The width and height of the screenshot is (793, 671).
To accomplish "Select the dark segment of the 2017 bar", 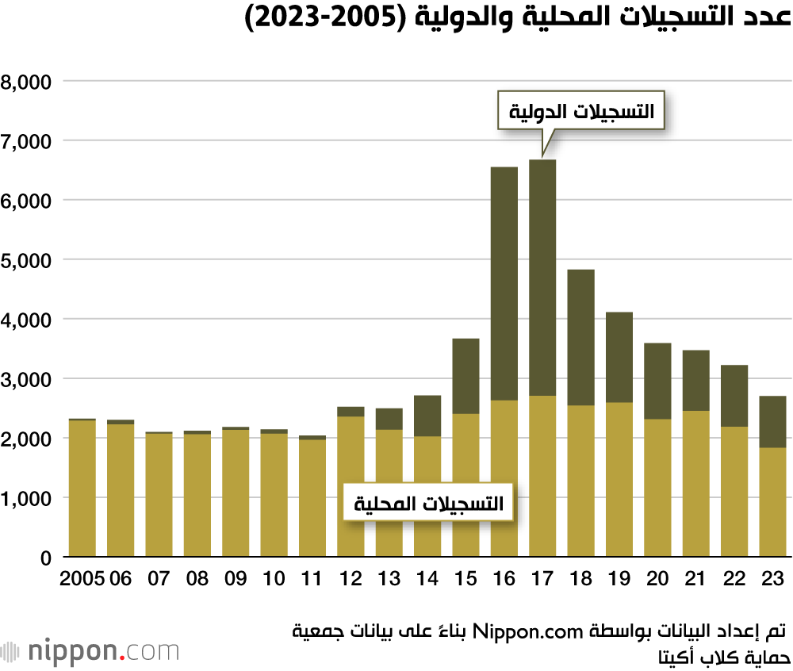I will pyautogui.click(x=542, y=278).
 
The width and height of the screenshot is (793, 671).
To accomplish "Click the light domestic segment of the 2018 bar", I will pyautogui.click(x=581, y=481).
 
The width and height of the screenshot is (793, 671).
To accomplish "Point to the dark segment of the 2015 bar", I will pyautogui.click(x=465, y=376).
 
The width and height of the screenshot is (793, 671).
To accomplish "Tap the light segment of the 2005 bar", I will pyautogui.click(x=82, y=488).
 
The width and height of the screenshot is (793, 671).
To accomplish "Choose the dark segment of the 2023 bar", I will pyautogui.click(x=772, y=422).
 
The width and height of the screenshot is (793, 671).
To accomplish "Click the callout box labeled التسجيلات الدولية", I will pyautogui.click(x=580, y=112).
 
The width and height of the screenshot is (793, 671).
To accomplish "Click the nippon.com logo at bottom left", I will pyautogui.click(x=90, y=652).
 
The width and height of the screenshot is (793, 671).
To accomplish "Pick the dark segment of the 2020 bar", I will pyautogui.click(x=657, y=381).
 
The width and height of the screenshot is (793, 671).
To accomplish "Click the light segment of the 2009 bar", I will pyautogui.click(x=236, y=493).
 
